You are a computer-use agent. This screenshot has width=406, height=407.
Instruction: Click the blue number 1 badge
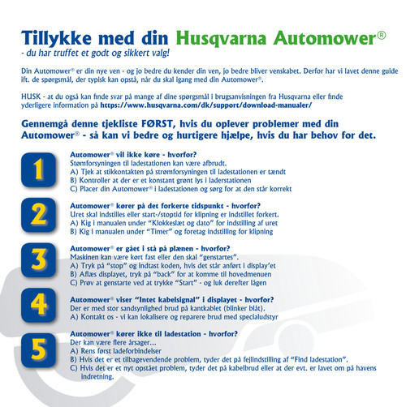(x=39, y=169)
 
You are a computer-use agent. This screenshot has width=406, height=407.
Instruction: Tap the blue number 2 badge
(x=39, y=215)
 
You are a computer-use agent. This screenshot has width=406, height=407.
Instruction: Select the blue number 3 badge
(x=39, y=260)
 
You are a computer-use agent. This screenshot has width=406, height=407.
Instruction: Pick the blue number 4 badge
(x=39, y=305)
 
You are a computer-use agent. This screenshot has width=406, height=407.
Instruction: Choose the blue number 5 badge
(x=39, y=350)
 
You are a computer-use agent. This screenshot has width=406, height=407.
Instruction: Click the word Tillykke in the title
(x=56, y=38)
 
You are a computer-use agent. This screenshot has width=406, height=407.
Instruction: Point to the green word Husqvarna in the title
(x=221, y=38)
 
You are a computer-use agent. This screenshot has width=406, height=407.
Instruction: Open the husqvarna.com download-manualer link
(x=206, y=105)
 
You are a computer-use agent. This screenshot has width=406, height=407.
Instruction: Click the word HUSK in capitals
(x=31, y=96)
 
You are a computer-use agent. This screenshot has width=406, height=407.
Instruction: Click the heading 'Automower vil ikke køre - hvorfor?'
(x=133, y=155)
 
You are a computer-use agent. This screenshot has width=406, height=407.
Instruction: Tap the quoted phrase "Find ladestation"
(x=318, y=360)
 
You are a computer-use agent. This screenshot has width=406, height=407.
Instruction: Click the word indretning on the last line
(x=97, y=377)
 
